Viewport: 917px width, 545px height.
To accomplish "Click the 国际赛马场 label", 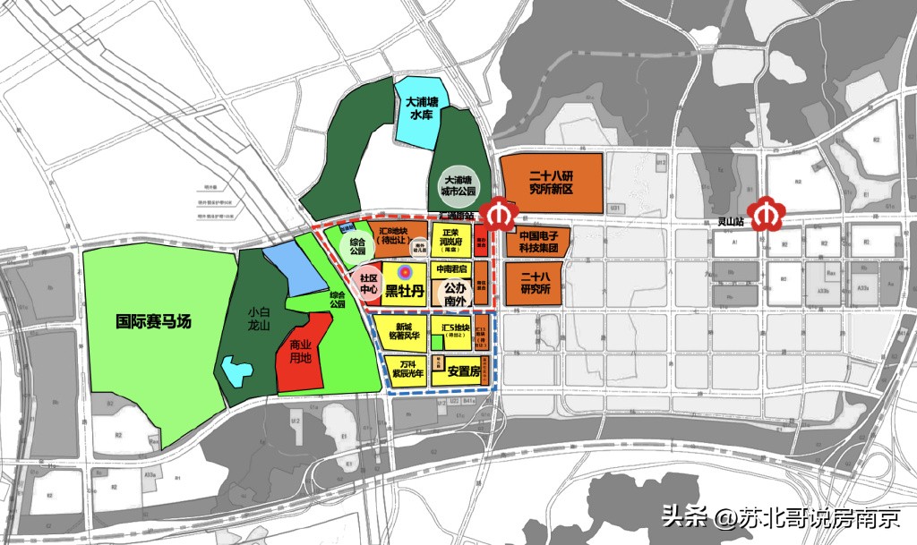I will pos(155,321).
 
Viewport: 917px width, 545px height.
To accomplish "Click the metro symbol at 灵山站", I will pos(767,215).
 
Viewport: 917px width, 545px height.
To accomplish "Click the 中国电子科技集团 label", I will pos(539,243).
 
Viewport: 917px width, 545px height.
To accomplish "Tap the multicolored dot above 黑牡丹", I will pos(403,271).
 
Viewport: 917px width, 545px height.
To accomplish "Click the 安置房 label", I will pos(465,370).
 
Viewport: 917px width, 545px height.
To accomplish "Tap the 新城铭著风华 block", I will pos(399,330).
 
